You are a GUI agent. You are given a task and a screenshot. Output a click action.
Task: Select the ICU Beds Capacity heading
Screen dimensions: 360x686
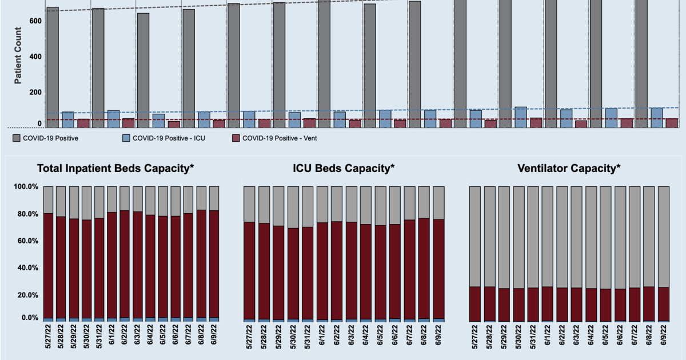coord(344,168)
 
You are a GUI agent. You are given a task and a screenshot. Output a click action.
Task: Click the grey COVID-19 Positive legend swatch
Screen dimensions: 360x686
coord(17,138)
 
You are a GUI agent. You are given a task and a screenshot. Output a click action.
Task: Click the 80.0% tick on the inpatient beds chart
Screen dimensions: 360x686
coord(25,214)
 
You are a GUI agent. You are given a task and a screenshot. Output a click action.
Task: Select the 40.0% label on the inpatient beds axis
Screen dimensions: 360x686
coord(25,268)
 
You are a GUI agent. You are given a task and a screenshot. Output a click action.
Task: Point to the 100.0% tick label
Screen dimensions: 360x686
coord(25,187)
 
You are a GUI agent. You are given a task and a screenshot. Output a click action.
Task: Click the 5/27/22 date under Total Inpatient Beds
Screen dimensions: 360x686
coord(48,338)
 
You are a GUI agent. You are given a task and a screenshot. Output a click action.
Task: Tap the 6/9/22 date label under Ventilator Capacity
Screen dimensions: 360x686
coord(663,338)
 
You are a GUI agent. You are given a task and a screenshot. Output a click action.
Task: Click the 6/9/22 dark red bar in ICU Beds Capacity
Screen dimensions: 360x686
coord(438,269)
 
